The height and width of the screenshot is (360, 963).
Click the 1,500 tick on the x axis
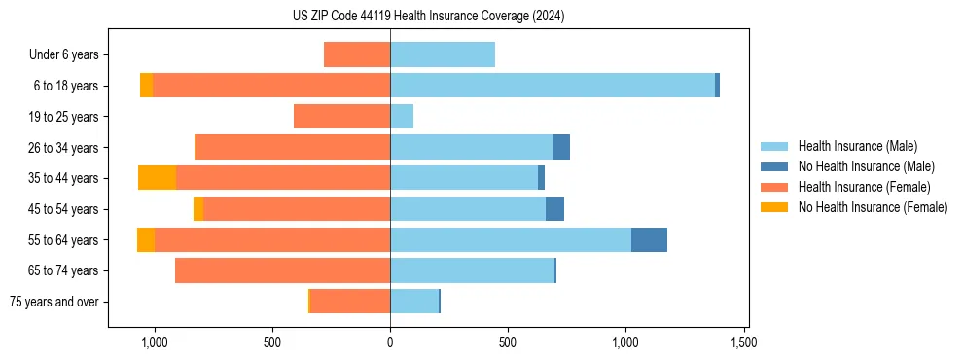(x=743, y=342)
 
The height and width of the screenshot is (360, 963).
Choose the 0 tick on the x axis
(x=390, y=342)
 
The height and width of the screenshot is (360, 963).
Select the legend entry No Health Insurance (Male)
(x=866, y=166)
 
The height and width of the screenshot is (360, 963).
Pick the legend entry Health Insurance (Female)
(x=864, y=187)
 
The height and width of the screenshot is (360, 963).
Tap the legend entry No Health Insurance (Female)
(x=873, y=207)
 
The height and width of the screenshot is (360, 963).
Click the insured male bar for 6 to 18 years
(x=553, y=86)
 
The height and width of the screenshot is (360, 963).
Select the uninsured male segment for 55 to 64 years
(x=649, y=239)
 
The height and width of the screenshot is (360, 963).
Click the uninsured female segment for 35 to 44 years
(x=157, y=178)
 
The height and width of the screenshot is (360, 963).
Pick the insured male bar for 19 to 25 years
(x=402, y=117)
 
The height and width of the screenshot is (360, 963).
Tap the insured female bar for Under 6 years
(x=357, y=55)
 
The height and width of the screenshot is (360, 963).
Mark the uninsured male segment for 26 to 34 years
(x=561, y=147)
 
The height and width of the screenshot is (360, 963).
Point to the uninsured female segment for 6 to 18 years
(x=146, y=86)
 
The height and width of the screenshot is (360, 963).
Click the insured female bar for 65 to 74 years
(x=282, y=270)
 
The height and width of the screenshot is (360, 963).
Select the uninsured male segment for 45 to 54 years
(x=554, y=209)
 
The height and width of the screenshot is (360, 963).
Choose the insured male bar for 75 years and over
(x=414, y=302)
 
